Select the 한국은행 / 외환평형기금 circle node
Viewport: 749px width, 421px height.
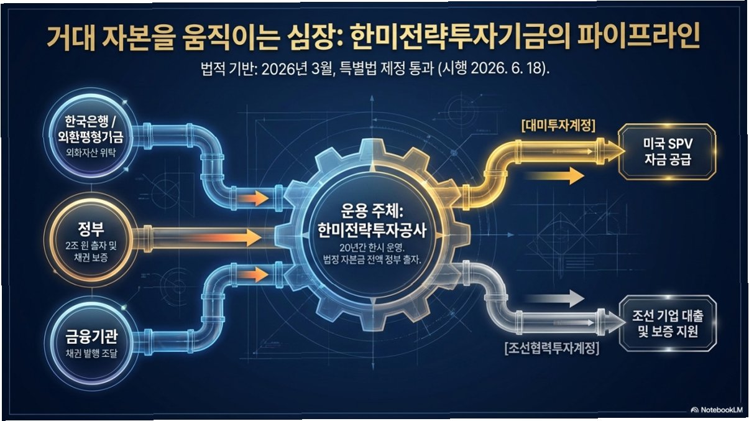[90, 136]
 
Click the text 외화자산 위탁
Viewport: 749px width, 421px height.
[91, 152]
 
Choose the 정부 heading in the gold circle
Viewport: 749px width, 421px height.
[91, 229]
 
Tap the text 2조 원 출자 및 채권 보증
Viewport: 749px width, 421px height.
[91, 252]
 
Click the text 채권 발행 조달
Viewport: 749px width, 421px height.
[91, 353]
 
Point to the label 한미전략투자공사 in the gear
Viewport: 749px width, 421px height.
[372, 231]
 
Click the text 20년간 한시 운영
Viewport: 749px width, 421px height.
[372, 248]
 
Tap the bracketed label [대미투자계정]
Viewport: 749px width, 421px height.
[558, 126]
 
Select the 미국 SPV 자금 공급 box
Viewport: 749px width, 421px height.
[667, 152]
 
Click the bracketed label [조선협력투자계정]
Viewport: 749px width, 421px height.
[552, 348]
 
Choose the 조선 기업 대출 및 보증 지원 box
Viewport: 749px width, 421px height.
[668, 323]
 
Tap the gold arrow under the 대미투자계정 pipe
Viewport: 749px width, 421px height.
[554, 176]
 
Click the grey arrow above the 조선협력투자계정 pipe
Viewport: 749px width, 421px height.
[554, 298]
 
